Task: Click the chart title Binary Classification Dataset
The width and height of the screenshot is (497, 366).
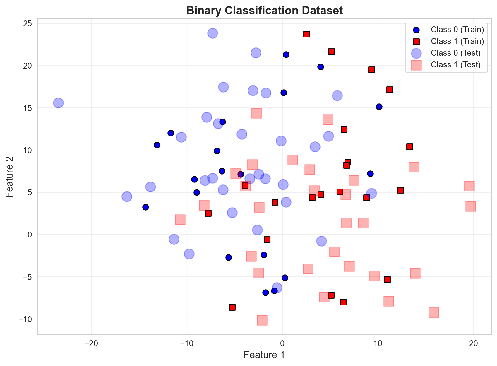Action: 264,11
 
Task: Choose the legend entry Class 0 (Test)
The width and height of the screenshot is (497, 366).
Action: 455,53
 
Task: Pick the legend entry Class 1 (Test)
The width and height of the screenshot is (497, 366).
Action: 455,65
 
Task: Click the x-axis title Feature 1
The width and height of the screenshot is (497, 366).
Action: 264,355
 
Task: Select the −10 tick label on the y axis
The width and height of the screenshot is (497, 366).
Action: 27,319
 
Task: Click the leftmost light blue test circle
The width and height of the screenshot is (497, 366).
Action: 58,103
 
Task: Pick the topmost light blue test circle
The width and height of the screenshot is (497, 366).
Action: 212,33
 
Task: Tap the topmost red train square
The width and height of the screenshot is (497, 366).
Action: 306,34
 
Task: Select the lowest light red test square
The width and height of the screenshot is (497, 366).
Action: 262,320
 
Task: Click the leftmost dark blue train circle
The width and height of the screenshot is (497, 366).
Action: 145,207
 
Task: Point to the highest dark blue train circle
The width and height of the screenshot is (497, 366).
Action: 286,54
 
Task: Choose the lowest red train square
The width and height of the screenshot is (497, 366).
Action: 232,307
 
